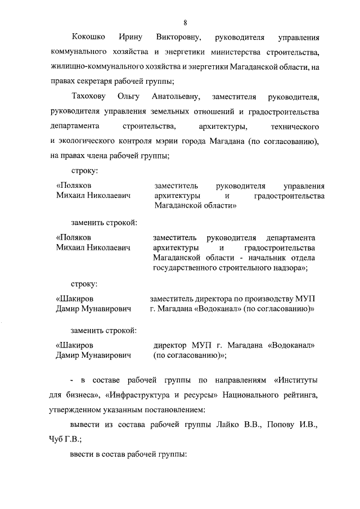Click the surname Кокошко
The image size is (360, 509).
(x=89, y=38)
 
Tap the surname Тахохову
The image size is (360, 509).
(x=89, y=96)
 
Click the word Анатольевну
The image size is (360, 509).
(x=175, y=96)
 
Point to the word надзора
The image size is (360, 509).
(x=287, y=268)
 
